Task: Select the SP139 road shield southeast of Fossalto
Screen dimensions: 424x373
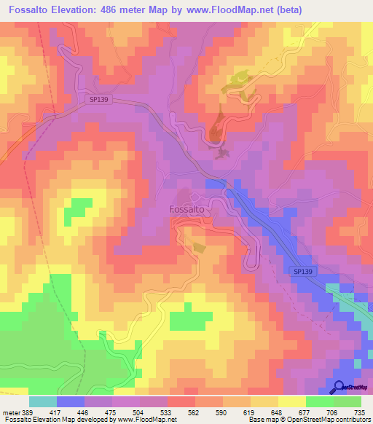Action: tap(305, 271)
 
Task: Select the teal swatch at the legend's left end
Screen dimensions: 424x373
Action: tap(42, 401)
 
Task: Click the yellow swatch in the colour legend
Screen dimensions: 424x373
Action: tap(291, 401)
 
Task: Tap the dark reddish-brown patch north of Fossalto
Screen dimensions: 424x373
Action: tap(217, 128)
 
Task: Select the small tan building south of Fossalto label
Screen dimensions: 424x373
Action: tap(200, 248)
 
